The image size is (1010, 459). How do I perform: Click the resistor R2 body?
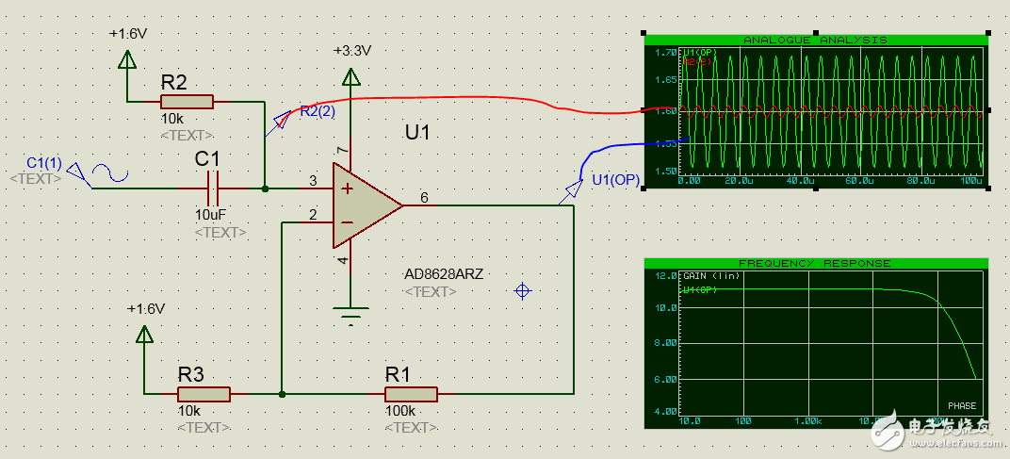click(x=187, y=102)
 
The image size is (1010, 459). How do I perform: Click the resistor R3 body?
click(x=204, y=395)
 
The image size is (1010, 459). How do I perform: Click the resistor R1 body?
click(x=410, y=395)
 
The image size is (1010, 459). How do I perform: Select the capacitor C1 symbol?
click(x=214, y=189)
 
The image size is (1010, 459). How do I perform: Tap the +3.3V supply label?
click(x=352, y=51)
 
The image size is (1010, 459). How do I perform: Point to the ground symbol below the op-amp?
click(x=350, y=315)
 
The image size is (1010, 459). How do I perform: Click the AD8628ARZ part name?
click(x=444, y=274)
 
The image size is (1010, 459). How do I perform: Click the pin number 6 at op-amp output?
click(x=424, y=197)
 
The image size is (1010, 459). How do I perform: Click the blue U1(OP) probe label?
click(x=615, y=181)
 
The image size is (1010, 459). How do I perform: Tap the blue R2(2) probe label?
click(x=318, y=111)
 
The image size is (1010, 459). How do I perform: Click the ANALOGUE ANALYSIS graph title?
click(x=815, y=40)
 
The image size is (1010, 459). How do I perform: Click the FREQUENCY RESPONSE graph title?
click(x=815, y=263)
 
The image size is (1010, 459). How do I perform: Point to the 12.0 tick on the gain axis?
click(x=665, y=275)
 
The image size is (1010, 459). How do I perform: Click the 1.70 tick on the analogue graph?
click(x=664, y=53)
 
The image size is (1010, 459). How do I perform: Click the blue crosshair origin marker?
click(x=522, y=291)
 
